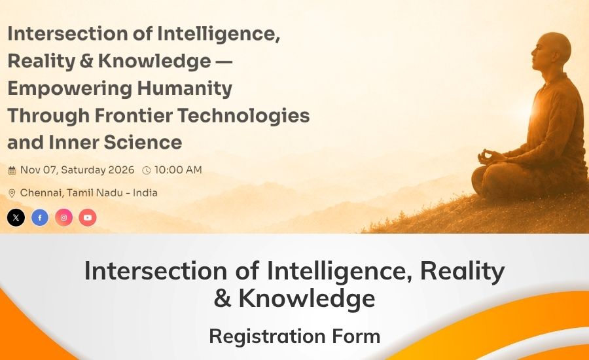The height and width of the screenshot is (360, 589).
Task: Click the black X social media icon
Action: tap(16, 217)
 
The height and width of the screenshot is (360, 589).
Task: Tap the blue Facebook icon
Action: tap(40, 217)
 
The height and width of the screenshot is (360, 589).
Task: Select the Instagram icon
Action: tap(64, 217)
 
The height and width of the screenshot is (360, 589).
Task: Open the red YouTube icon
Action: tap(88, 217)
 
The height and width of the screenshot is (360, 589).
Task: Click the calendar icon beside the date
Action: tap(12, 171)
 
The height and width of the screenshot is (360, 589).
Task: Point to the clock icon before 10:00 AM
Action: tap(147, 171)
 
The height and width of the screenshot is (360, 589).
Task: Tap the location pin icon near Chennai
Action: tap(12, 193)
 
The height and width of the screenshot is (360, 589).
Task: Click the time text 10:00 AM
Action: tap(178, 170)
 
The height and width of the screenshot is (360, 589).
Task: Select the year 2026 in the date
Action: tap(121, 170)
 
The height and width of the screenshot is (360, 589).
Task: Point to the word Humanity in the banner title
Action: tap(185, 89)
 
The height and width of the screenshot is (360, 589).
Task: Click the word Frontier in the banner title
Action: tap(133, 115)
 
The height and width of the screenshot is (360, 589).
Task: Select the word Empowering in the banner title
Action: tap(70, 89)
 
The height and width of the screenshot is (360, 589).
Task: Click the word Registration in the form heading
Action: tap(267, 336)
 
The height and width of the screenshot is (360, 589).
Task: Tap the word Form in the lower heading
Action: tap(356, 336)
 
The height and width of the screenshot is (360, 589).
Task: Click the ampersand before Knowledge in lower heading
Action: tap(223, 298)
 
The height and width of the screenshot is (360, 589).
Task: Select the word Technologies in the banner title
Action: tap(243, 116)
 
